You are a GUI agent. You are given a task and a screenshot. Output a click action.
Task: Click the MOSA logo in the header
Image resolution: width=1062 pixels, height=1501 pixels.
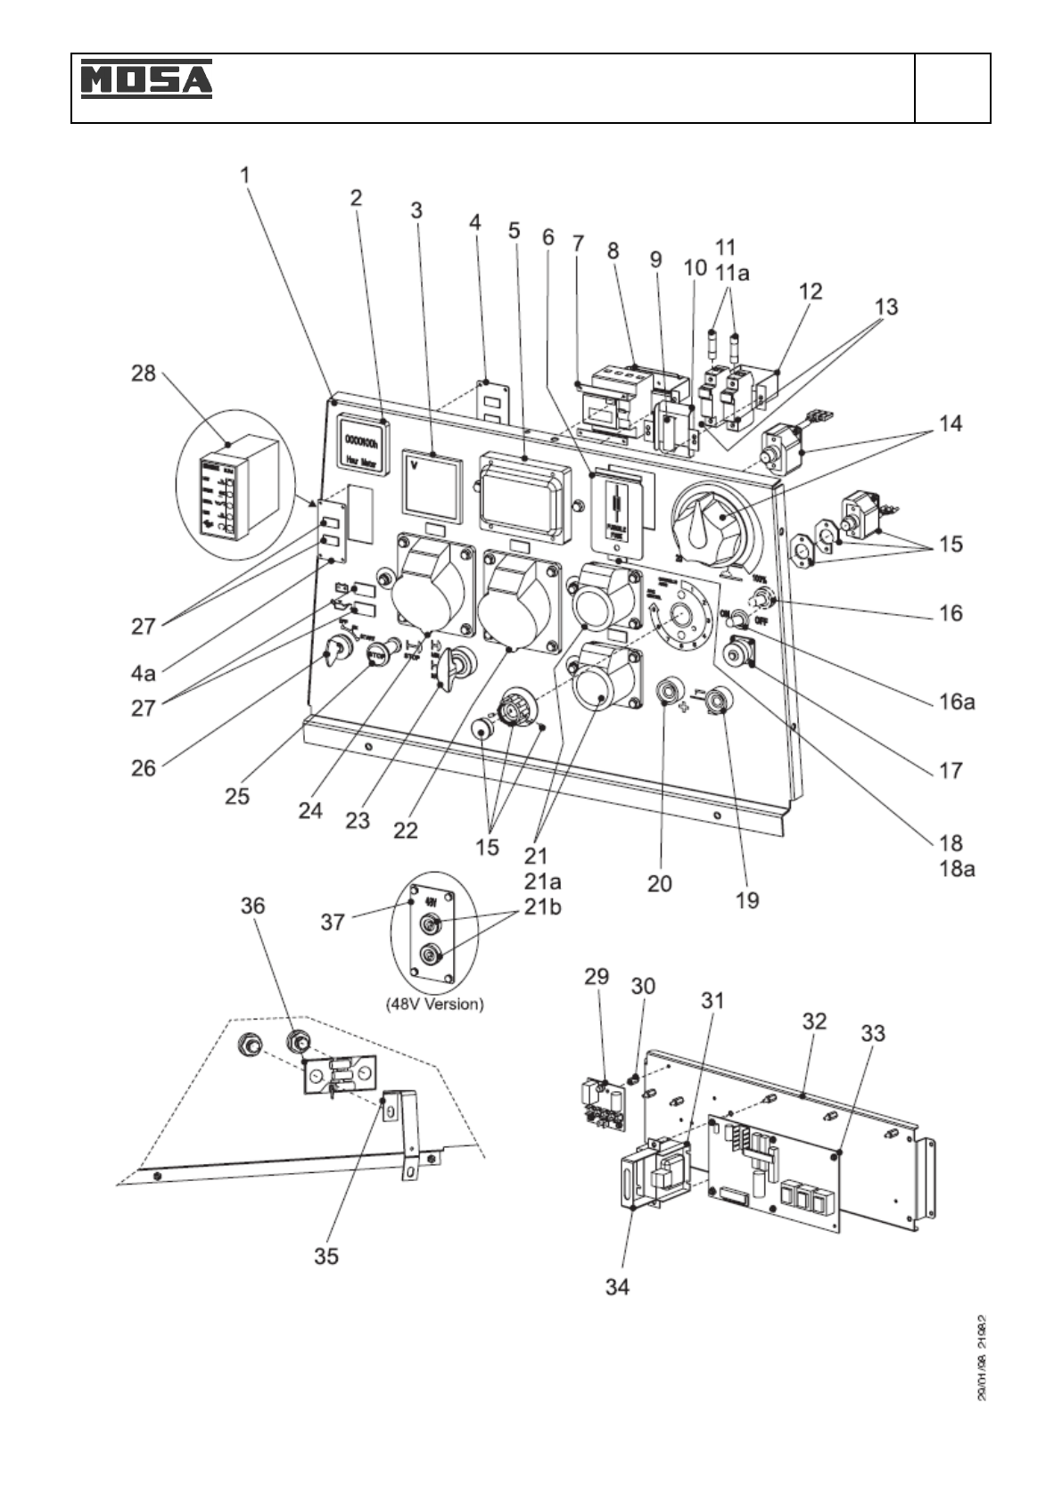[x=147, y=78]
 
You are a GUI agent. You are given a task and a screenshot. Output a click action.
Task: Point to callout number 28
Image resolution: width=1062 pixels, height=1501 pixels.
[x=144, y=374]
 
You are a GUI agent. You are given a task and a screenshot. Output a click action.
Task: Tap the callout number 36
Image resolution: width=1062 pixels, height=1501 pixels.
[x=253, y=906]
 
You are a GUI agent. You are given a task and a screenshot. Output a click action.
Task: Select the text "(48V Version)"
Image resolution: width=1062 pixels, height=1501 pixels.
[x=435, y=1003]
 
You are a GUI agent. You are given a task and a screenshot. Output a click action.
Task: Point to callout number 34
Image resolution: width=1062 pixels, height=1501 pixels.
[x=617, y=1286]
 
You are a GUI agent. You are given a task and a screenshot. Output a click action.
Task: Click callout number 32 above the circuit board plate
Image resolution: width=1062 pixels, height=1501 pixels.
[x=814, y=1021]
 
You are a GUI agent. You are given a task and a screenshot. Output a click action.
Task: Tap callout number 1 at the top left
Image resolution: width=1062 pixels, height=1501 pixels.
[x=245, y=174]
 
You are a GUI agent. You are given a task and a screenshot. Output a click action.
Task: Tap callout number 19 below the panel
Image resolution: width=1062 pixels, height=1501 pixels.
[x=747, y=899]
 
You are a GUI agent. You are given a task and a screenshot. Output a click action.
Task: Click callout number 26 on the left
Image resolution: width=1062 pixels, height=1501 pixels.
[x=144, y=767]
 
